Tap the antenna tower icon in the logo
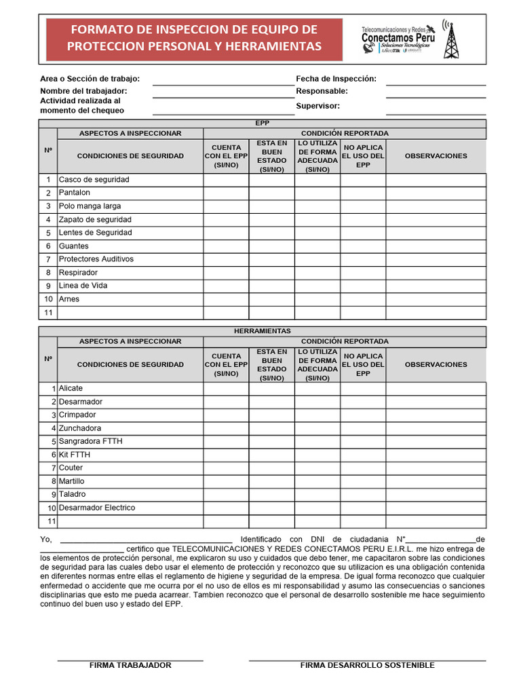(x=450, y=39)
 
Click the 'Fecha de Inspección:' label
(x=336, y=79)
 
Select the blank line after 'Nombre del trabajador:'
(x=223, y=91)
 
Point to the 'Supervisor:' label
(x=317, y=106)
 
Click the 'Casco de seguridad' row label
(x=94, y=180)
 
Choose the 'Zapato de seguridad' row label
(x=95, y=220)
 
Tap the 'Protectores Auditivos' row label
(x=96, y=259)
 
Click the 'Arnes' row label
(x=69, y=299)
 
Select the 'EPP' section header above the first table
(x=262, y=124)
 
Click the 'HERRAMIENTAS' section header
(x=262, y=331)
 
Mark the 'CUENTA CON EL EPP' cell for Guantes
(x=226, y=246)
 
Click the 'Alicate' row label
(x=71, y=388)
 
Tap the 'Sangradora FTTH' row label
(x=91, y=441)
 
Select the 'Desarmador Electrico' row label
(x=97, y=508)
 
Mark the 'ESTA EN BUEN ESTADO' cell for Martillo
(x=271, y=481)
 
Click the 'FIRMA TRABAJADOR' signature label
(x=130, y=665)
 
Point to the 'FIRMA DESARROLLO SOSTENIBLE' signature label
(x=367, y=665)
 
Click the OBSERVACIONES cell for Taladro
(x=436, y=495)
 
